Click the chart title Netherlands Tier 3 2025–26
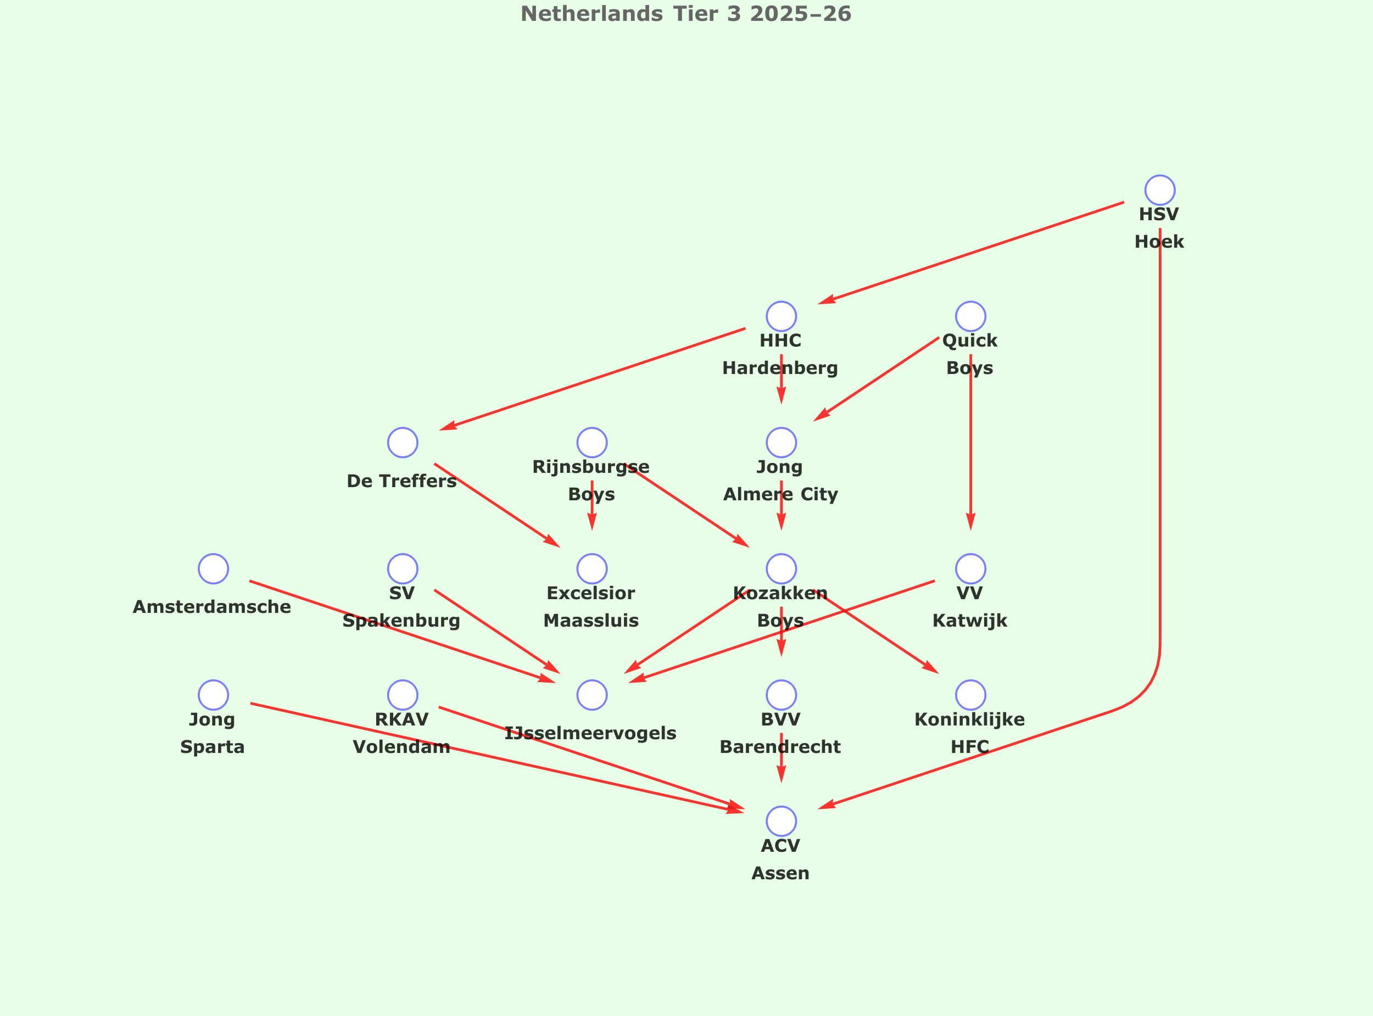pyautogui.click(x=685, y=14)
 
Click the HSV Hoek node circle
pyautogui.click(x=1160, y=190)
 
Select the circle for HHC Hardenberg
pyautogui.click(x=781, y=316)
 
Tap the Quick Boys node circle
pyautogui.click(x=970, y=316)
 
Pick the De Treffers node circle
pyautogui.click(x=403, y=442)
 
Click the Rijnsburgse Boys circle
pyautogui.click(x=591, y=442)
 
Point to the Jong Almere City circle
pyautogui.click(x=781, y=442)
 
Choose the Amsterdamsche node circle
pyautogui.click(x=213, y=568)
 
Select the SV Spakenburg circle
pyautogui.click(x=403, y=568)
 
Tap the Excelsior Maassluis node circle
pyautogui.click(x=591, y=568)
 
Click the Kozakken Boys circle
pyautogui.click(x=781, y=568)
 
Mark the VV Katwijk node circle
pyautogui.click(x=970, y=568)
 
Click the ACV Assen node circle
pyautogui.click(x=781, y=821)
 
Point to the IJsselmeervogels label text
pyautogui.click(x=590, y=733)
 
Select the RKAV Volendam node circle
pyautogui.click(x=403, y=695)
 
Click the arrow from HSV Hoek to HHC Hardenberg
pyautogui.click(x=972, y=252)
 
